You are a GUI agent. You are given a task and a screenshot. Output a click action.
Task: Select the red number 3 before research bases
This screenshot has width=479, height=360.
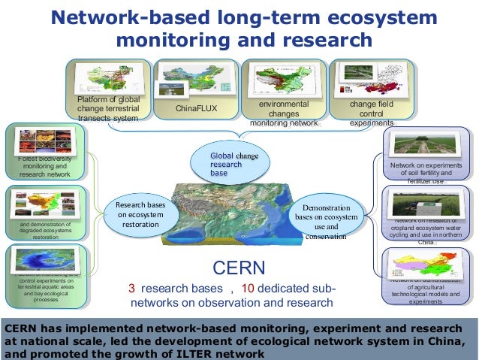132,289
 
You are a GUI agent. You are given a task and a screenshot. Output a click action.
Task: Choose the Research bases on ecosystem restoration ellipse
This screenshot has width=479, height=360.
141,214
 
